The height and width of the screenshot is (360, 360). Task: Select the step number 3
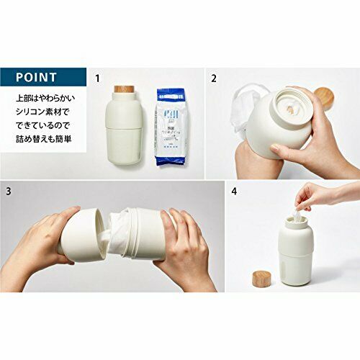[9, 192]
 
